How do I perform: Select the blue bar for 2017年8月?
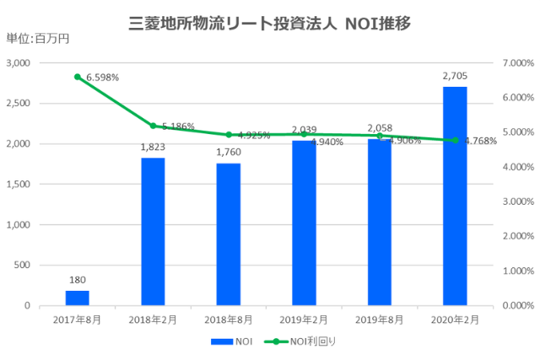point(77,298)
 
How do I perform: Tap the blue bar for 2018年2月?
point(153,232)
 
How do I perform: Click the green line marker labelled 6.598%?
point(78,77)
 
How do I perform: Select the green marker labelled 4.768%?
point(455,140)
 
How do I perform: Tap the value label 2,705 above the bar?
point(455,77)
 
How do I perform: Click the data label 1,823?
point(153,148)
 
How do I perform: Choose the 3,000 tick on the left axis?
point(18,63)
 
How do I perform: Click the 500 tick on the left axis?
point(23,266)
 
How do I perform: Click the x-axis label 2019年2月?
point(304,320)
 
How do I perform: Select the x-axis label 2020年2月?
point(455,320)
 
